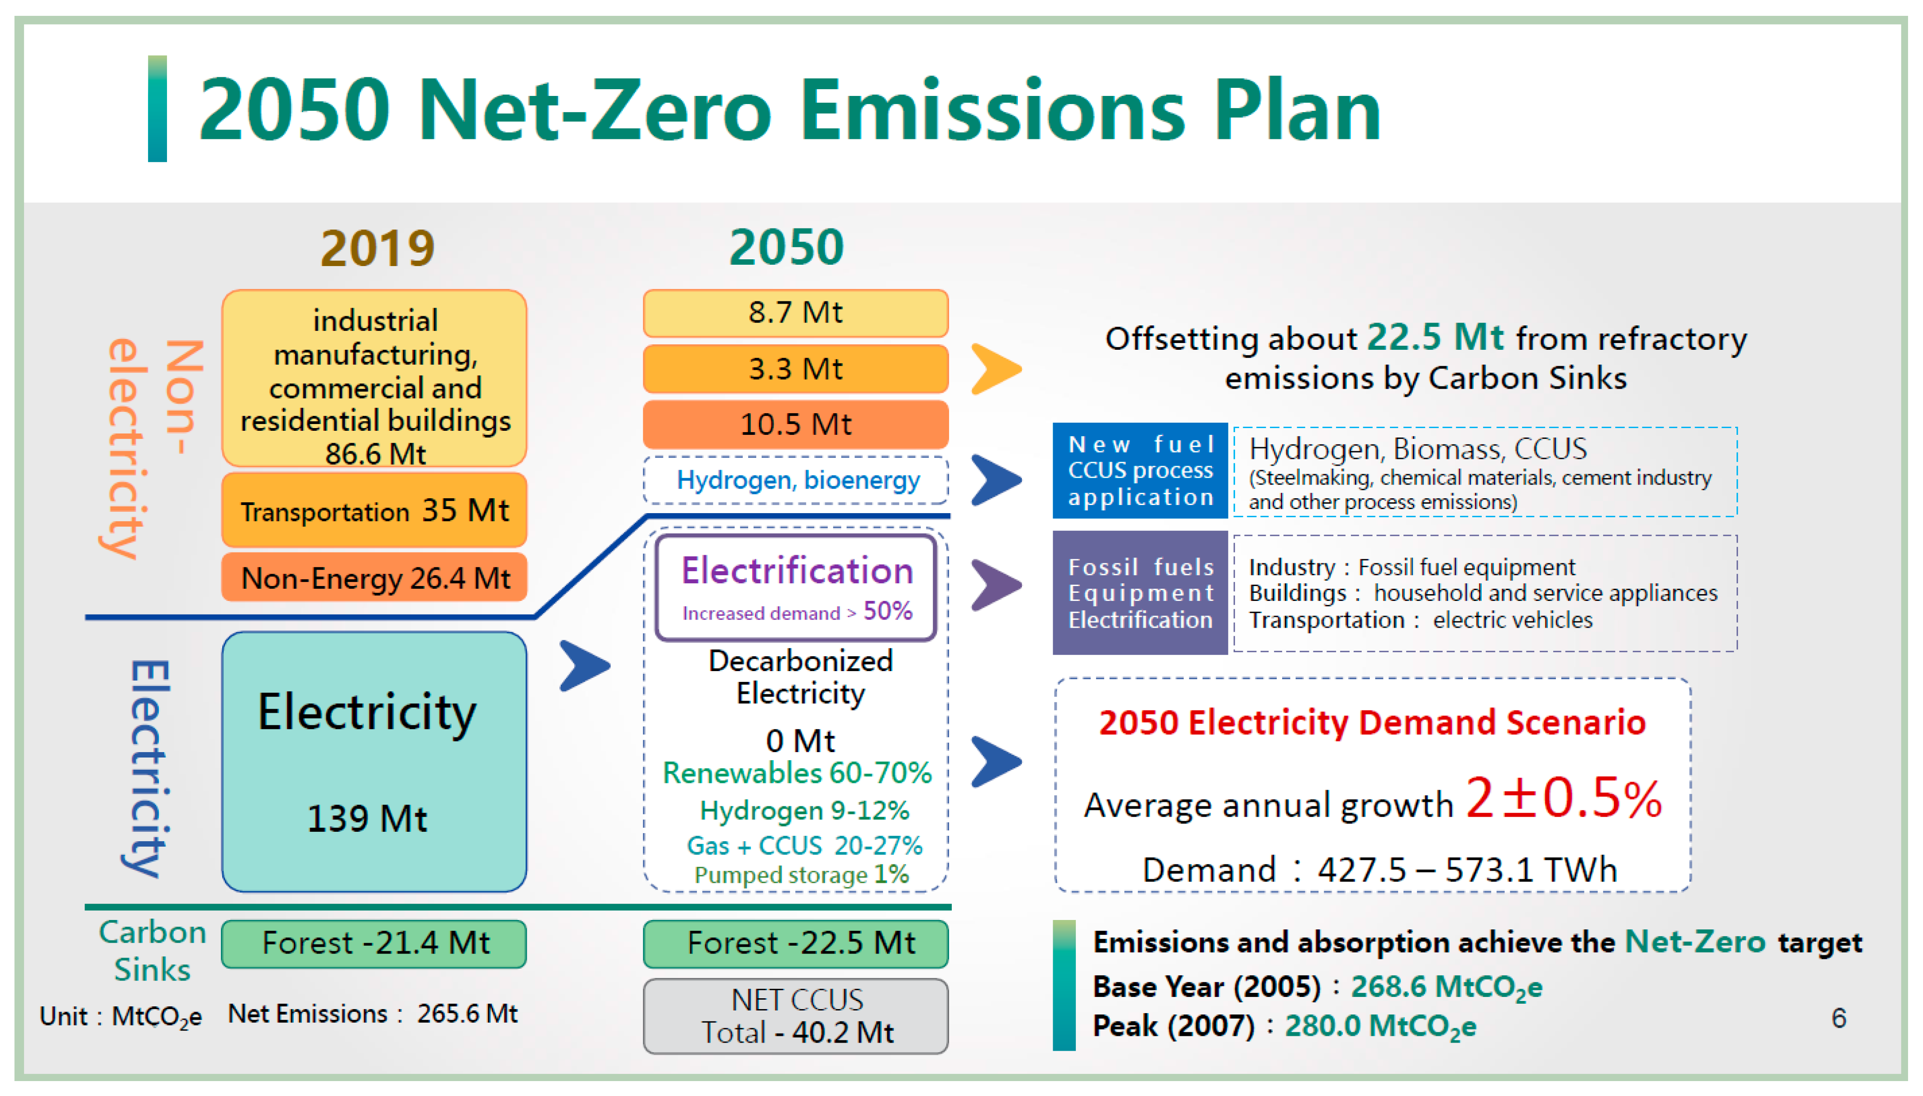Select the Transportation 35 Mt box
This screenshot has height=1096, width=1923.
[374, 510]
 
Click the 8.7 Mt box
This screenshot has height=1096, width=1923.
[796, 312]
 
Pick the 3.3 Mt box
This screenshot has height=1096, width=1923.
[796, 369]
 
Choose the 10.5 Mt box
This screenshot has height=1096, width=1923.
[796, 424]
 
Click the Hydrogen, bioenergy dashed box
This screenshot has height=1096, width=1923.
[796, 480]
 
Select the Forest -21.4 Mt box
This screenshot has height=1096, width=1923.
[374, 943]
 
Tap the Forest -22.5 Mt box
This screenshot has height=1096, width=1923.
[796, 943]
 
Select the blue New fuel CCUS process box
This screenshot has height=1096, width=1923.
[1140, 471]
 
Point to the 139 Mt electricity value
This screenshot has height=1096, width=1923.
[367, 818]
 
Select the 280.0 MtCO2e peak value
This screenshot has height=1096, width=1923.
[1379, 1026]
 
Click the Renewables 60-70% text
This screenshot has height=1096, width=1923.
[796, 773]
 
